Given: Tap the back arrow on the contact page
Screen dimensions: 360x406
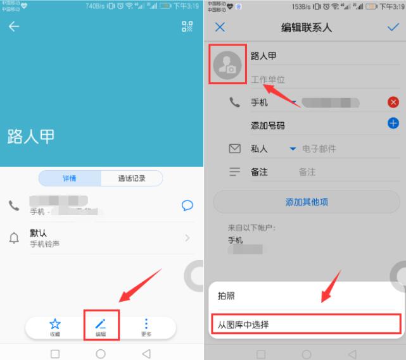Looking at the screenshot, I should (x=13, y=27).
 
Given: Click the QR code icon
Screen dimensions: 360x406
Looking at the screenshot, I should (x=187, y=27).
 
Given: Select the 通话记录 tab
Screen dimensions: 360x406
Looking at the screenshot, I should (x=132, y=178).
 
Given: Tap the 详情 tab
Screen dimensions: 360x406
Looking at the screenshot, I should (x=69, y=178).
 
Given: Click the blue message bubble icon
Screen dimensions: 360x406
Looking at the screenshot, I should (x=187, y=206).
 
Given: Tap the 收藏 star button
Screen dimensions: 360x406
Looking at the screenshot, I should (x=55, y=326).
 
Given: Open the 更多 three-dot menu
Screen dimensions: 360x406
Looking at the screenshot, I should (x=146, y=326).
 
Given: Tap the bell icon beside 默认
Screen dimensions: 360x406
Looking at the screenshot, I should (x=14, y=238).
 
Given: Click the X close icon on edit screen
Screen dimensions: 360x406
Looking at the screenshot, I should (x=220, y=27).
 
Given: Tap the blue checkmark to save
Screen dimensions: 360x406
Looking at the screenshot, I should (x=392, y=27).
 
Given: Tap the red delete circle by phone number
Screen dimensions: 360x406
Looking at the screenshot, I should (x=393, y=102).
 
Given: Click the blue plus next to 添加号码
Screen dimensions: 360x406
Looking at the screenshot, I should (x=393, y=124).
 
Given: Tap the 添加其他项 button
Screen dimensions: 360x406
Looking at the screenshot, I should (x=307, y=202).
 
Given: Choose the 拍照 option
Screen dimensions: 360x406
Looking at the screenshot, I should (x=226, y=295).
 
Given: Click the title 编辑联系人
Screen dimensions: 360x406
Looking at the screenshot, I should (x=306, y=27).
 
